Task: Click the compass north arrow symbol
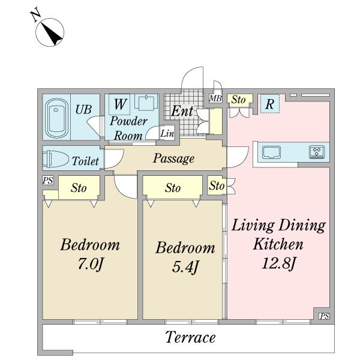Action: click(x=49, y=32)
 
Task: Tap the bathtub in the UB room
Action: click(x=56, y=118)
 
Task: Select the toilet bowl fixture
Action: click(x=56, y=159)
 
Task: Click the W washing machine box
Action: click(x=119, y=104)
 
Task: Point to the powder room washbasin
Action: click(x=146, y=102)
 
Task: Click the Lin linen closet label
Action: click(x=167, y=133)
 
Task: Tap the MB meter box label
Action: click(x=215, y=99)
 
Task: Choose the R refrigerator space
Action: click(x=270, y=104)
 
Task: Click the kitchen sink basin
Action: click(x=272, y=152)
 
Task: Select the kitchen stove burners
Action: click(x=317, y=152)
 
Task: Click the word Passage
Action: click(x=173, y=158)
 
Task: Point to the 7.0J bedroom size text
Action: click(x=91, y=264)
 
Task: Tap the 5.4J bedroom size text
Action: click(x=185, y=267)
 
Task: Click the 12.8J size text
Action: click(x=278, y=263)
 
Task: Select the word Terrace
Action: click(x=190, y=337)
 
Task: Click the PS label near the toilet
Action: click(x=48, y=181)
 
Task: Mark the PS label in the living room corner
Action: click(x=324, y=316)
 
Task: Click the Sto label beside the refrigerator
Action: click(x=238, y=100)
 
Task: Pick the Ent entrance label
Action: click(x=182, y=111)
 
